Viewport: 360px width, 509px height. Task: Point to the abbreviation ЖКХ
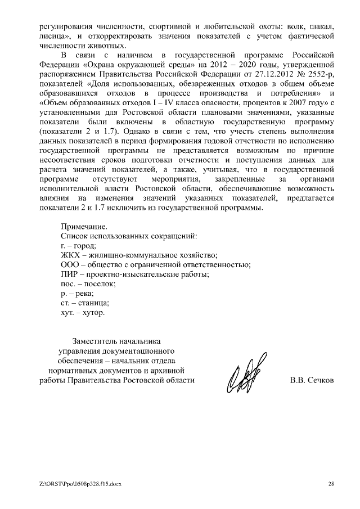coord(70,255)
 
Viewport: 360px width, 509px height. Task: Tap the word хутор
coord(93,312)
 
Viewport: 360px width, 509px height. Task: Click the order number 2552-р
coord(320,74)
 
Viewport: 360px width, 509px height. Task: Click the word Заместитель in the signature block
coord(96,341)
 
